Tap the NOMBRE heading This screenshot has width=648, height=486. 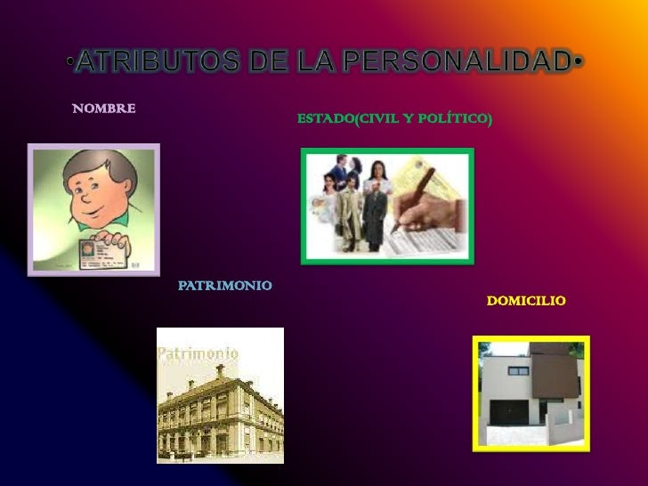(104, 109)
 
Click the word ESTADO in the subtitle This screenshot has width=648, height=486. (325, 117)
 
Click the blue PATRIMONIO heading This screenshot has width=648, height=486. (225, 286)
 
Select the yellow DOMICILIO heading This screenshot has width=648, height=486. (526, 302)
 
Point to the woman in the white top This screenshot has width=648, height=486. (375, 205)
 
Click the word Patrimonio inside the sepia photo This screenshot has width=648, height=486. (198, 353)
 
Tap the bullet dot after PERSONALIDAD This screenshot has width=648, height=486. (579, 62)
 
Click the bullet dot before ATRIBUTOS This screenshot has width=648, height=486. (69, 62)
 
